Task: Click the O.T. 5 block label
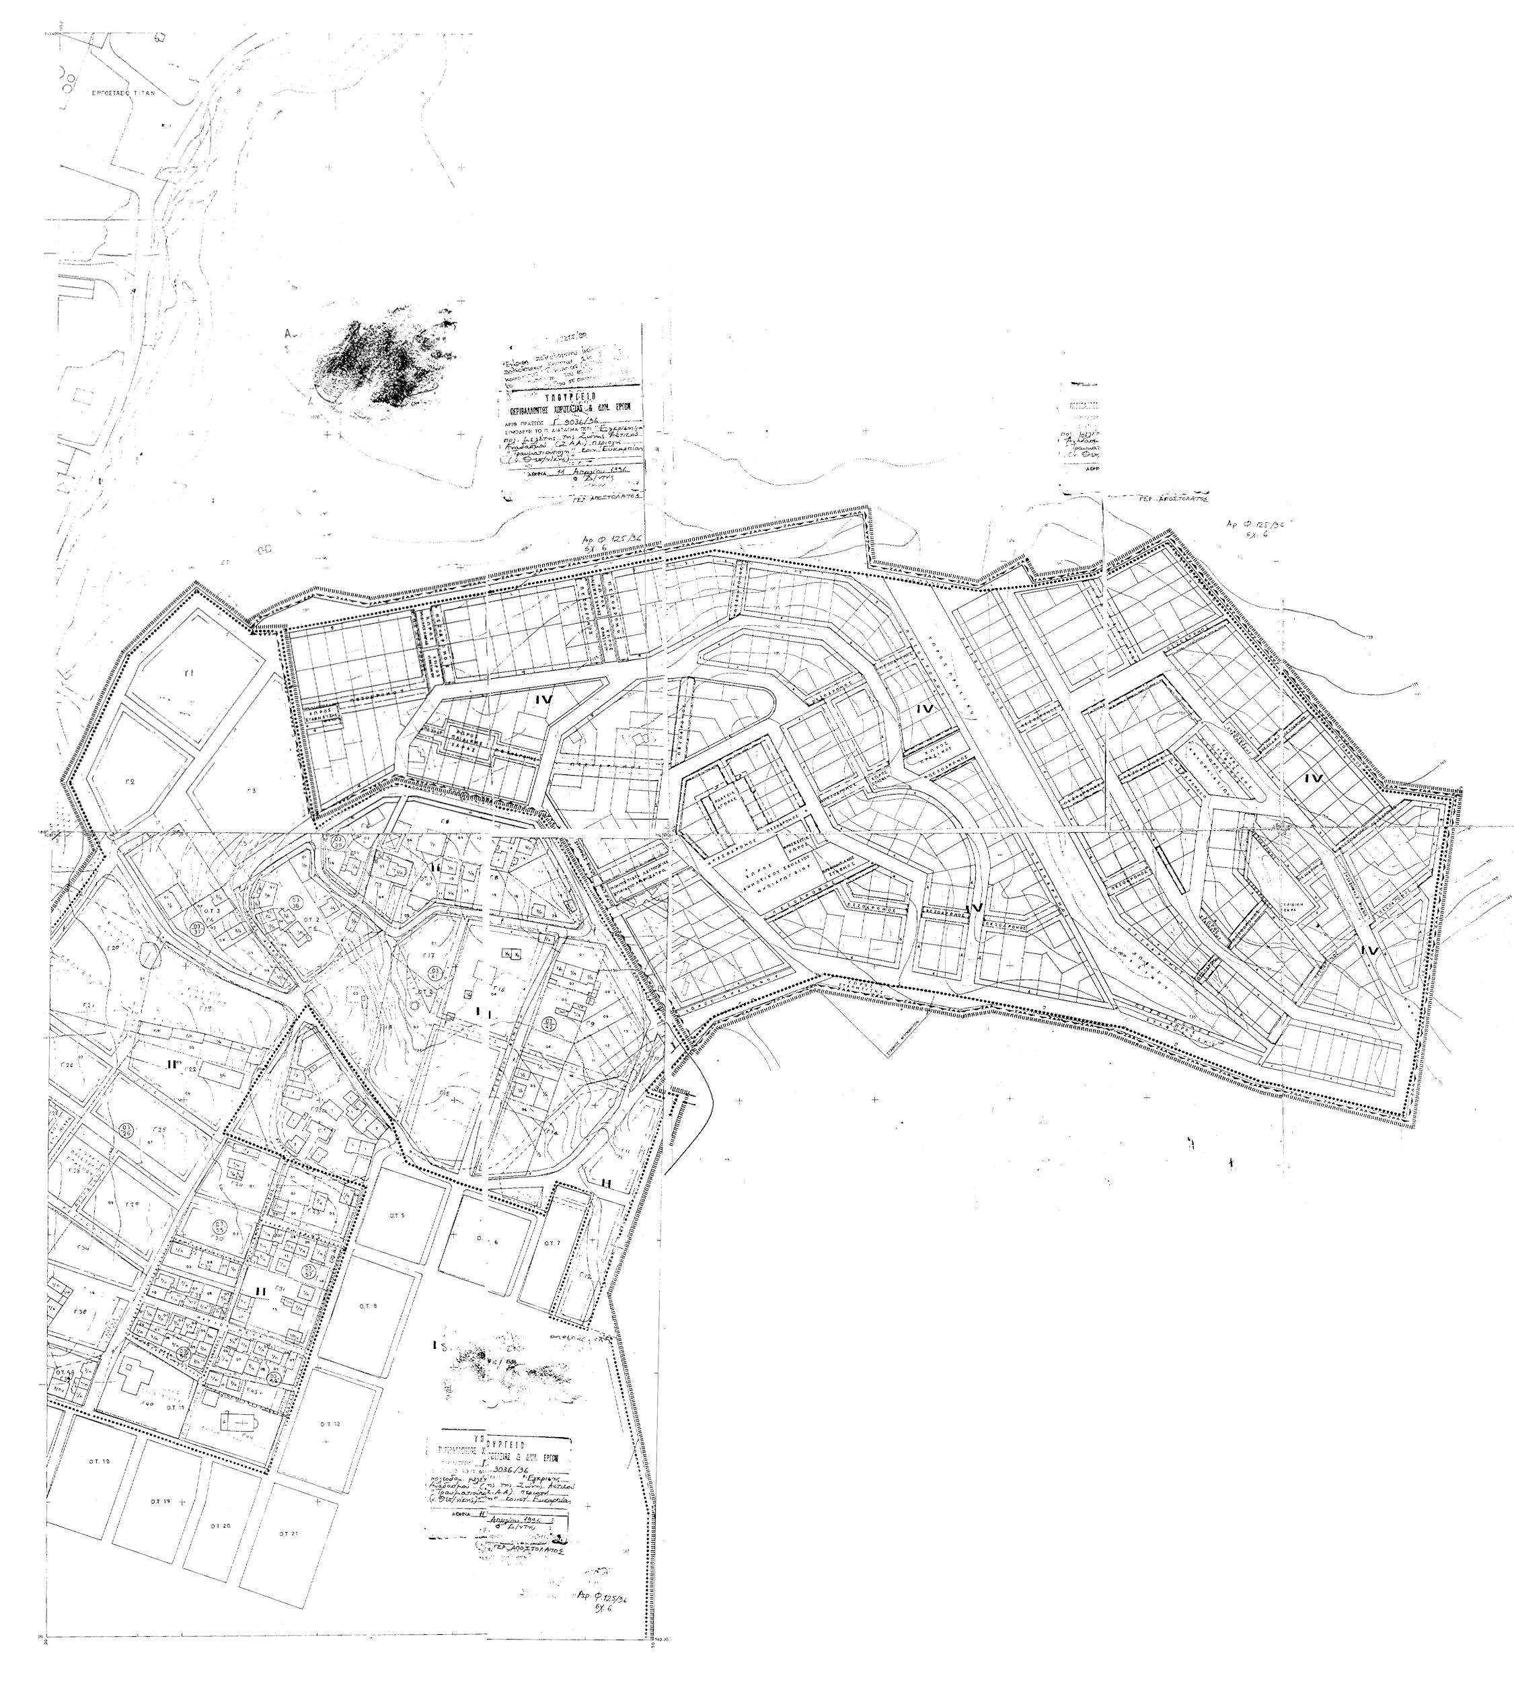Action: (x=396, y=1216)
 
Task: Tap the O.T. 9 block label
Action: (x=369, y=1329)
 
